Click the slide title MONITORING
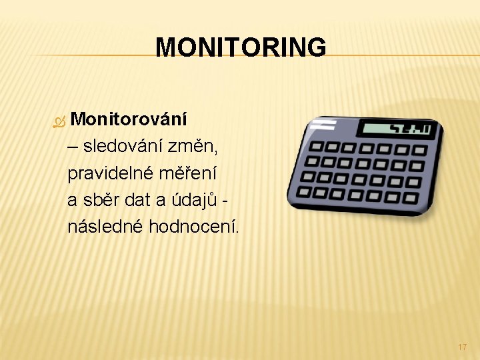point(241,47)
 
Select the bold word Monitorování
point(129,119)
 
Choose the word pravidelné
point(111,173)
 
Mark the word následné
point(105,227)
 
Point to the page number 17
point(463,347)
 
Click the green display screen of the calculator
point(396,129)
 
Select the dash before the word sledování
point(72,147)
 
